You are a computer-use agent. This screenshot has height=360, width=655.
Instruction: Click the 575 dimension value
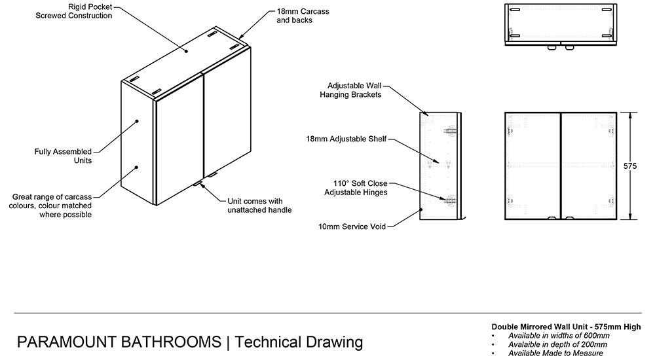pos(630,166)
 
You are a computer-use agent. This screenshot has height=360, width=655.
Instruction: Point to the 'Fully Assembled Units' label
pos(63,156)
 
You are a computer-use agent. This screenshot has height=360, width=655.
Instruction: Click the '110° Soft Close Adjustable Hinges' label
pos(356,187)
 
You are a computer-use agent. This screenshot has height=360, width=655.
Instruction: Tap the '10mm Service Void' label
pos(352,226)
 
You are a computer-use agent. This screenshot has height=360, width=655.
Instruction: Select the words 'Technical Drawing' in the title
pos(298,342)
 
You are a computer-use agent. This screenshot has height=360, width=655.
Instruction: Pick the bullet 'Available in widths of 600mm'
pos(559,336)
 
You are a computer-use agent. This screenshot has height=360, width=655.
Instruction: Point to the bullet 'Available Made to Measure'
pos(555,353)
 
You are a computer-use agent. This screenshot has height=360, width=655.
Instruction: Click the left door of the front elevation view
pos(533,167)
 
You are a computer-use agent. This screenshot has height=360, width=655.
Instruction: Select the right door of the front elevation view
pos(588,167)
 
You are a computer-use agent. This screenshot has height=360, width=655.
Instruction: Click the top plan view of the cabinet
pos(560,24)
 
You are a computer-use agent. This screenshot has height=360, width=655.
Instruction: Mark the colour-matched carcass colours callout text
pos(52,205)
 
